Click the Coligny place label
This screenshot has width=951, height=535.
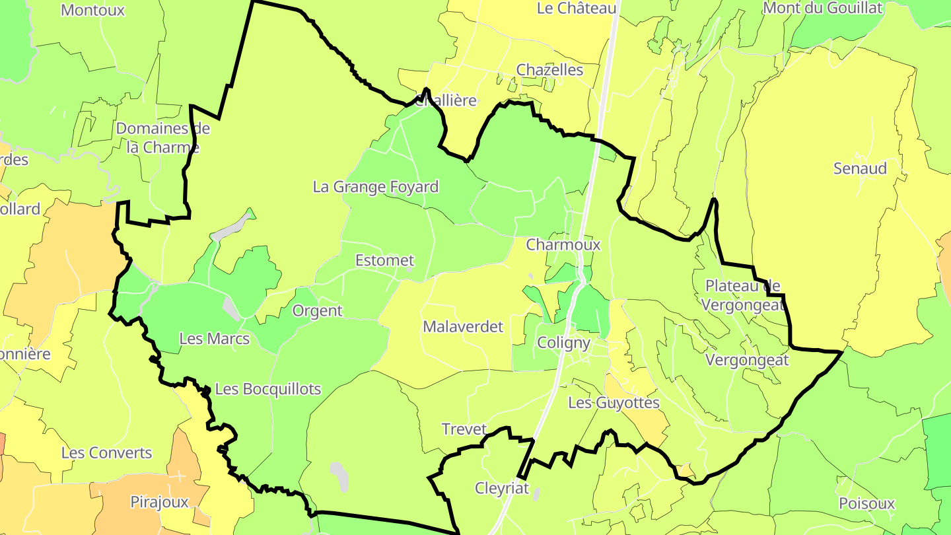pos(563,343)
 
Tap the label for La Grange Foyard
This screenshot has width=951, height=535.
pos(376,187)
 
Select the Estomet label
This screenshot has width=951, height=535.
pos(384,260)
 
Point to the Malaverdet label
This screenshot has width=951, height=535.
pos(463,326)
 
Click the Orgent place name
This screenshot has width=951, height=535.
pos(317,310)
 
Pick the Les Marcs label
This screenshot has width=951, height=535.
pos(215,339)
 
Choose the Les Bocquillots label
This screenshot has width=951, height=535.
pos(268,389)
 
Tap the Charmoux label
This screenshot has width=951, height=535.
pos(563,244)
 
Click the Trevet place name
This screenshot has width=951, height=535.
pos(464,429)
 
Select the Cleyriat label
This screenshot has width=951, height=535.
pos(503,488)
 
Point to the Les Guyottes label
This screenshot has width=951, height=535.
pos(614,402)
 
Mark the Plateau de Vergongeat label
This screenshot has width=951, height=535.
pos(743,295)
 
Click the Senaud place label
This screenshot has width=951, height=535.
pos(860,168)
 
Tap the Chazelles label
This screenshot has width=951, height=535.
pos(549,69)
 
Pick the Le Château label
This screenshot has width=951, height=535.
pos(577,8)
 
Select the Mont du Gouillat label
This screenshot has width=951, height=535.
pos(822,8)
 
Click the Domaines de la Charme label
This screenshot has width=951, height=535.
pos(163,137)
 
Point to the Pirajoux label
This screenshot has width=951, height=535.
pos(159,502)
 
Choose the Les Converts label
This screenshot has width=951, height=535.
pos(106,453)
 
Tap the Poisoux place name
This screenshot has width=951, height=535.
pos(866,503)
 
